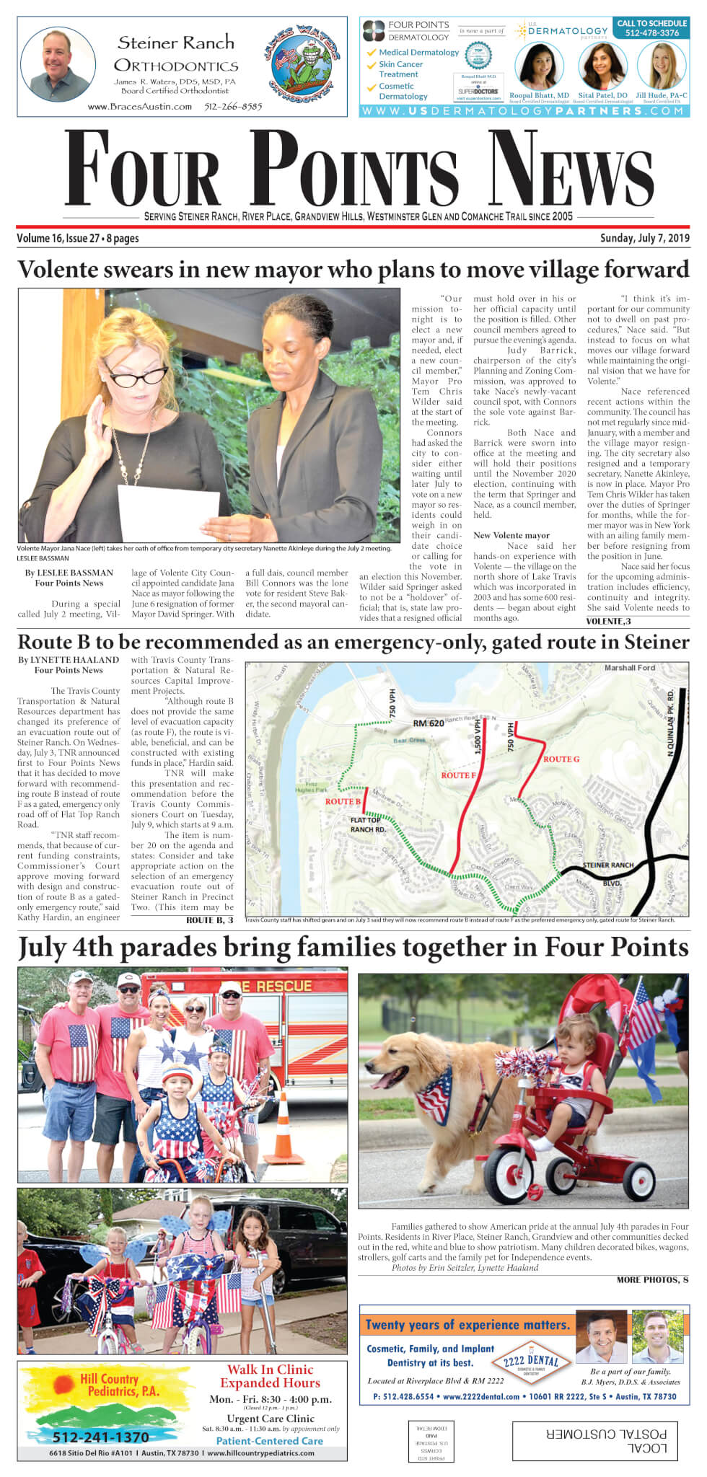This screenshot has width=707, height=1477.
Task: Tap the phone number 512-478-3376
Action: [651, 33]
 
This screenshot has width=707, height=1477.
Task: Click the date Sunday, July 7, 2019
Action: [644, 238]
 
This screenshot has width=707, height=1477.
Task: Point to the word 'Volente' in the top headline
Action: [63, 269]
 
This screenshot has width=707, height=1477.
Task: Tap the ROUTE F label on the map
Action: [458, 775]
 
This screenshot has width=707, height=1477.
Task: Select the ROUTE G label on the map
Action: [561, 759]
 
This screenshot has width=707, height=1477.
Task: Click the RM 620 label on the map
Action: [428, 723]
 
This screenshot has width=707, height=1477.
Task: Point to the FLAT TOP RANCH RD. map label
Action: [367, 824]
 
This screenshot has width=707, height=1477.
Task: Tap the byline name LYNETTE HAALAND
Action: [74, 659]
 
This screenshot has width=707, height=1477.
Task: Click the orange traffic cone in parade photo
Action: [283, 1131]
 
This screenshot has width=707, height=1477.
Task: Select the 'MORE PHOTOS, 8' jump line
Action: [651, 1279]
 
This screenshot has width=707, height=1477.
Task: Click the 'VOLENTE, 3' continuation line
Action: [608, 621]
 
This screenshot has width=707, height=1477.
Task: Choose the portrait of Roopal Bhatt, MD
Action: [539, 67]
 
